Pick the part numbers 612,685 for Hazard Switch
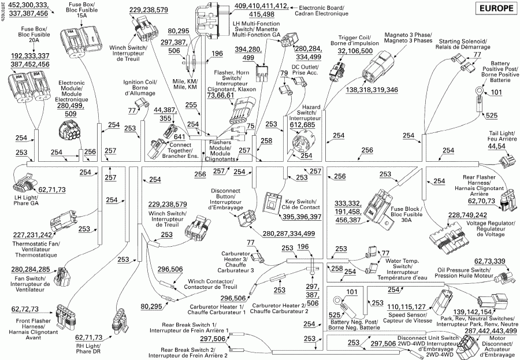coord(302,125)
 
